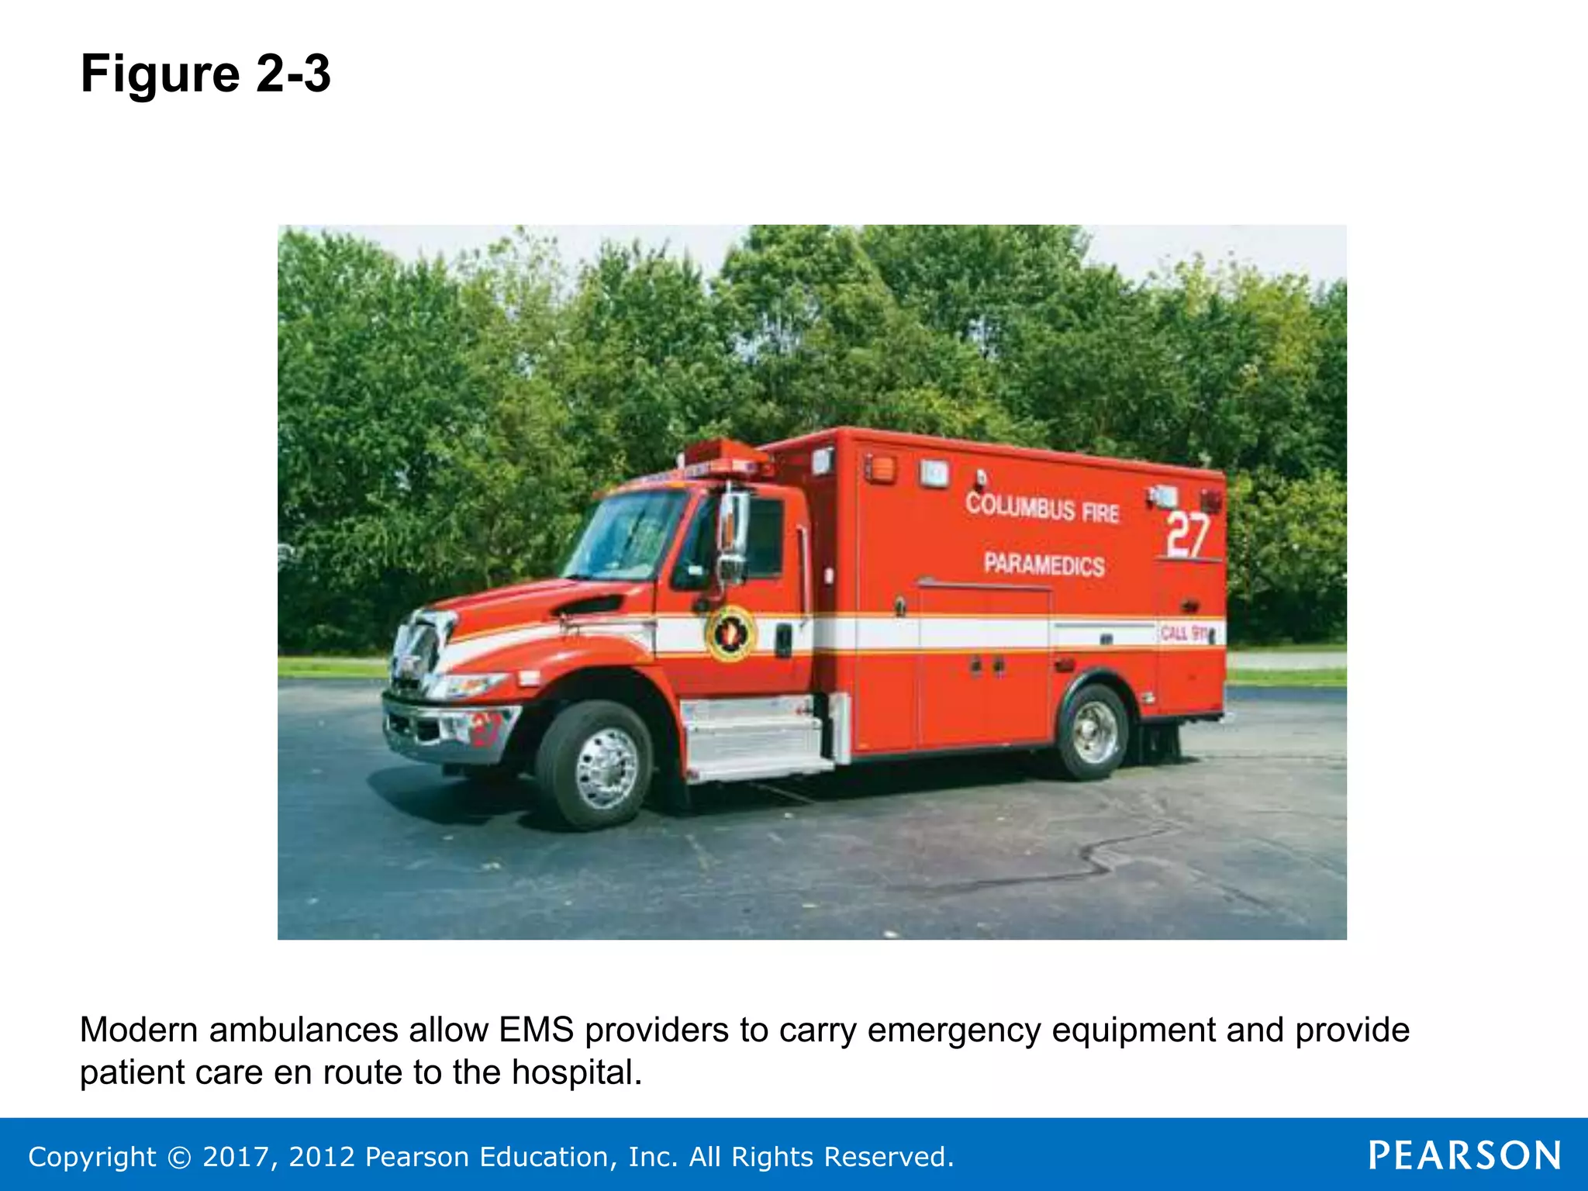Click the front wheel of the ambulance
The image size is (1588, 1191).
595,766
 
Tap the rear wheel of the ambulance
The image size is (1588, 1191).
1094,732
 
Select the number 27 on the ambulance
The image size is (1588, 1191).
1188,534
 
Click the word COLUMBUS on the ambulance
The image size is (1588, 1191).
1020,506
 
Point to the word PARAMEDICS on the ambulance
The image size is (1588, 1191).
1044,564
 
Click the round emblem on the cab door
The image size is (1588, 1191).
730,633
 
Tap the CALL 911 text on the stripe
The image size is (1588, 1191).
1185,633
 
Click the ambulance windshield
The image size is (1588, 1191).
625,535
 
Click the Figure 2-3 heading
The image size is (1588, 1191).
205,74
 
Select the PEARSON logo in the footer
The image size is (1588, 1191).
1464,1155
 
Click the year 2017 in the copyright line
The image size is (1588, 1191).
234,1157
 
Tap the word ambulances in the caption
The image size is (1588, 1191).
305,1030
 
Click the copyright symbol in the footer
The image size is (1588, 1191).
179,1158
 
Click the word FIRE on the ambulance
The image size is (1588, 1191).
1100,513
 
